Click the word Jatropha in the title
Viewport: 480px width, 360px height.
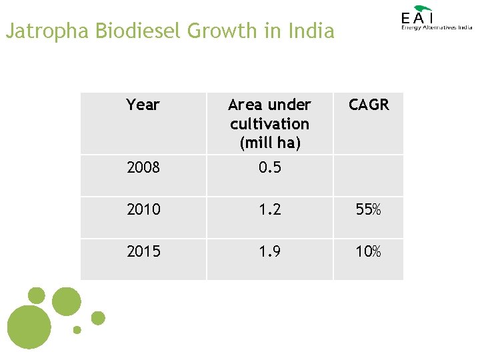click(48, 31)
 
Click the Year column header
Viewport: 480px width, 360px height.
click(143, 105)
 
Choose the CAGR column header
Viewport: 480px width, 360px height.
click(369, 105)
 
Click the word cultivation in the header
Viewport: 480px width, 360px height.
click(269, 124)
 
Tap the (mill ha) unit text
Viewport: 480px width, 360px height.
click(269, 143)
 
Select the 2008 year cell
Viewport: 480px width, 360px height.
click(143, 167)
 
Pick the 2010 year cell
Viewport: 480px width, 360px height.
click(143, 209)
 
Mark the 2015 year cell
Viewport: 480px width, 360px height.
click(143, 251)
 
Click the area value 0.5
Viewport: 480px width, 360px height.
click(269, 167)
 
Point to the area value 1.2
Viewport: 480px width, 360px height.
click(269, 209)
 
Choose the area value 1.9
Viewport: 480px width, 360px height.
click(269, 251)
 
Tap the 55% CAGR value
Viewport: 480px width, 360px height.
click(369, 209)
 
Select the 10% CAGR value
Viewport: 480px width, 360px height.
click(369, 251)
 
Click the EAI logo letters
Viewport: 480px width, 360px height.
click(418, 18)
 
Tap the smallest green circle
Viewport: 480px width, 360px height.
click(77, 329)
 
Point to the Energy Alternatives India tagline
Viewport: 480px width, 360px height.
click(437, 28)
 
